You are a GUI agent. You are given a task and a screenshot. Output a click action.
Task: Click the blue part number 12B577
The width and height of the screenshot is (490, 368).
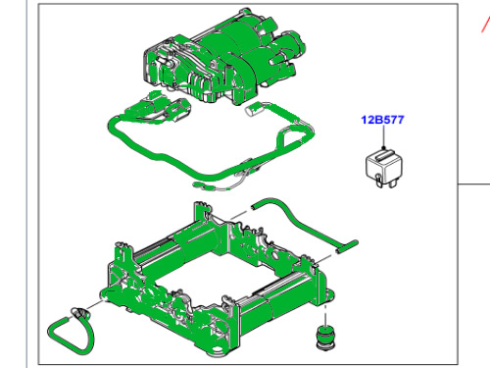coord(382,120)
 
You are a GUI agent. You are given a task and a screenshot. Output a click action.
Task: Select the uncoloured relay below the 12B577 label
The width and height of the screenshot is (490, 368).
coord(384,168)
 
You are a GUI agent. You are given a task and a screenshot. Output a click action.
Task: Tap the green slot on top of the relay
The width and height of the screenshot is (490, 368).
coord(384,155)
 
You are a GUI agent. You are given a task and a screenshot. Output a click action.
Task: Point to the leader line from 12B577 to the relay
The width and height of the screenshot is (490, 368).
coord(383,136)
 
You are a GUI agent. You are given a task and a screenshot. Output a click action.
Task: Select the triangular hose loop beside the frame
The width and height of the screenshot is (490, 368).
coord(70,331)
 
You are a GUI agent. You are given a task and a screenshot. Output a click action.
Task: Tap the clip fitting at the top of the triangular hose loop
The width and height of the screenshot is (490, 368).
coord(80,313)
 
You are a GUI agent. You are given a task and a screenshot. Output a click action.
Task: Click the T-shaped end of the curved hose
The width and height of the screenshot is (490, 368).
coord(347,246)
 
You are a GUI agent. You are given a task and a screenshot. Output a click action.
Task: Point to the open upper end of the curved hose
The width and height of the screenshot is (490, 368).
coord(254,206)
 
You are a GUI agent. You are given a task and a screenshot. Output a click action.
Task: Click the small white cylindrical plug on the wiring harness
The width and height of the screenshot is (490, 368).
coord(252,109)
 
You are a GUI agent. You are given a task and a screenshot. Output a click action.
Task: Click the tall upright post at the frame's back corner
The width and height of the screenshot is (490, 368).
coord(199,213)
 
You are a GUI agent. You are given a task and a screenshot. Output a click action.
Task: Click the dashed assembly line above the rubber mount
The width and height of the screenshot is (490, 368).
coord(325,314)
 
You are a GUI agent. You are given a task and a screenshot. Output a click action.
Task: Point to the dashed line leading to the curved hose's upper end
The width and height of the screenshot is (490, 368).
coord(239,215)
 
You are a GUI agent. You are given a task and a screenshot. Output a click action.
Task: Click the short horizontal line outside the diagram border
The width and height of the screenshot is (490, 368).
coord(474,184)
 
